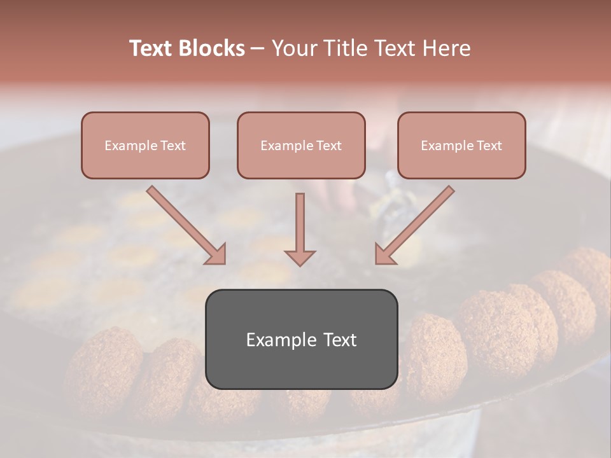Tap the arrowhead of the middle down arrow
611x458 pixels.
pos(300,257)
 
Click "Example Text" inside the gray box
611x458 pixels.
pos(301,339)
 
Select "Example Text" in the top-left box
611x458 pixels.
pos(145,146)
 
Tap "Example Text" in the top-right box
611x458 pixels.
pos(461,146)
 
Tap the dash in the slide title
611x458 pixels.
pos(258,49)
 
